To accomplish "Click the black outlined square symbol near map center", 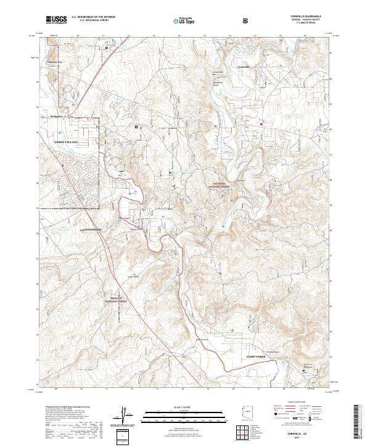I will [137, 126].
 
